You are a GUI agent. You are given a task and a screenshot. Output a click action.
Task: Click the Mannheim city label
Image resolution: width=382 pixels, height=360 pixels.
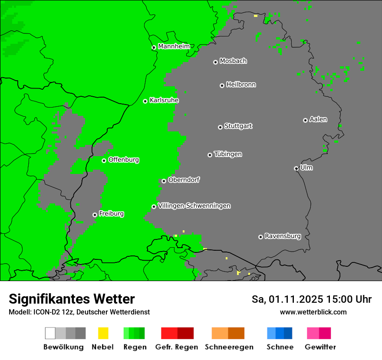point(174,46)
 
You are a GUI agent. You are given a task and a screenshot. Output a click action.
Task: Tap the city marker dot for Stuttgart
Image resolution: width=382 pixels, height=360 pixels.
point(220,127)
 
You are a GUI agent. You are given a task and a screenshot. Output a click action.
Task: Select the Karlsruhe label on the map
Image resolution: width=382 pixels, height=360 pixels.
point(164,100)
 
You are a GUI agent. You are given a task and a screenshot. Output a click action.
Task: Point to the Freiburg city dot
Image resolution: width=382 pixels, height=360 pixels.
point(95,215)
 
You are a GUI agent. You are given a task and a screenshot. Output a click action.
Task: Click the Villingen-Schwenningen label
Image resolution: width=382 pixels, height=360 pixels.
point(194,206)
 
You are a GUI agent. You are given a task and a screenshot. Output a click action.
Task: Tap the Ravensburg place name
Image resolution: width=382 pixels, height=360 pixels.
point(283,236)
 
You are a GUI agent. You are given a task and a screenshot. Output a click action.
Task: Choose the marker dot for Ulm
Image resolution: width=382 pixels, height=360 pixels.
point(296,168)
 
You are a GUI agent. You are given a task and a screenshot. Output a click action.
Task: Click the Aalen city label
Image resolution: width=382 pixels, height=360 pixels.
point(318,119)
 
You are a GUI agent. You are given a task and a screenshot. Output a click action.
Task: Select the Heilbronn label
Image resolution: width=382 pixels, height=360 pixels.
point(241,85)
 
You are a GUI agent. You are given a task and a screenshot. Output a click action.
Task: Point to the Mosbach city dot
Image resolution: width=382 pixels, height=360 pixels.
point(215,62)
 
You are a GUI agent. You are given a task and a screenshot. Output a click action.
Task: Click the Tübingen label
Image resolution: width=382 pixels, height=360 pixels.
point(228,154)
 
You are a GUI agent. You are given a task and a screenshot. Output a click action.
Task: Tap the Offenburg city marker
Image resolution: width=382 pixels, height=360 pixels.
point(104,160)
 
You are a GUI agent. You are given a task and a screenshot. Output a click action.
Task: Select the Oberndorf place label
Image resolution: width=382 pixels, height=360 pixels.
point(184,180)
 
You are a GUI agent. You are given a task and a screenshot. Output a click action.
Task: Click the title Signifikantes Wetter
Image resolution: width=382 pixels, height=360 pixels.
point(72,299)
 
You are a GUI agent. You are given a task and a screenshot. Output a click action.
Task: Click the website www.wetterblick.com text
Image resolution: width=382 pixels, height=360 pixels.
point(313,312)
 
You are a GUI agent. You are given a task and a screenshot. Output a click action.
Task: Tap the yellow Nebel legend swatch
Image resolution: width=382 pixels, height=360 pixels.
point(103,333)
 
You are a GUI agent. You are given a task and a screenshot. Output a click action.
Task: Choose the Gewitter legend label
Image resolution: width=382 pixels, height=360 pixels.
point(320,347)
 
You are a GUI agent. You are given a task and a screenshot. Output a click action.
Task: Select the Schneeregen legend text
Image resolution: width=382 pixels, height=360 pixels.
point(229,347)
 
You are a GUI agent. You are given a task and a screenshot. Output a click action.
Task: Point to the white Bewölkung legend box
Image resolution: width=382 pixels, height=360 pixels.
point(50,333)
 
